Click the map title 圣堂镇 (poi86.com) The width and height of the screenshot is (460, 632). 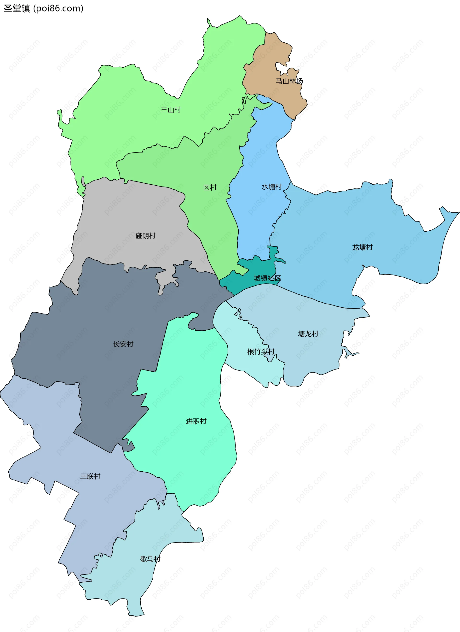point(43,8)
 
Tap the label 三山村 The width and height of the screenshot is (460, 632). point(171,110)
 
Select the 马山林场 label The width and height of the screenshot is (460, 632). point(289,81)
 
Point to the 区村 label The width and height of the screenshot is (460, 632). point(210,187)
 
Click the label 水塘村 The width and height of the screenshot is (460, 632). point(271,187)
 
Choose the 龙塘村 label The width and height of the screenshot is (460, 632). point(362,247)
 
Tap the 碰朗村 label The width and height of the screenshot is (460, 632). point(145,236)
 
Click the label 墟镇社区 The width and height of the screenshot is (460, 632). point(267,278)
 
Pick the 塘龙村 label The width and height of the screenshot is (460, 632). point(308,334)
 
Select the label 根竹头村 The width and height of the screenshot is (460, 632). point(261,352)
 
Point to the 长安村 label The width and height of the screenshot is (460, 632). point(123,344)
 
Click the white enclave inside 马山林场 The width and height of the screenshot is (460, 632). point(281,68)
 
